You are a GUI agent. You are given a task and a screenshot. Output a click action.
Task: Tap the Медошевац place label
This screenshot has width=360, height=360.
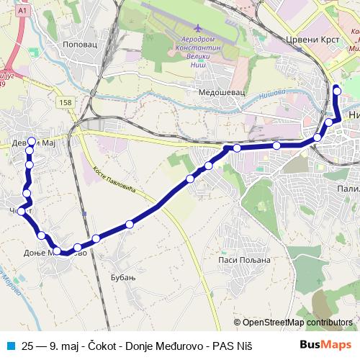point(222,92)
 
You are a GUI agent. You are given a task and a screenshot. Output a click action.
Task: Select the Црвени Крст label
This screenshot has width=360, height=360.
point(307,41)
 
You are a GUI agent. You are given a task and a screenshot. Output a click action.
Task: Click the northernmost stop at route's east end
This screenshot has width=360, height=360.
point(337,90)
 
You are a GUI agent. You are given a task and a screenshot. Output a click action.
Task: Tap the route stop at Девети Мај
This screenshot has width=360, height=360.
point(31,141)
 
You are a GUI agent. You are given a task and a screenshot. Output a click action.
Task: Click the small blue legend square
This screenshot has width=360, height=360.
point(10,346)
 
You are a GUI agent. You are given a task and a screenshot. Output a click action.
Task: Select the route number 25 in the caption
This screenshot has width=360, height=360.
point(28,346)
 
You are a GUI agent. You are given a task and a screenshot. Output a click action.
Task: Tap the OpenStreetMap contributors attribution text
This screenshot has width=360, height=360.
point(297,323)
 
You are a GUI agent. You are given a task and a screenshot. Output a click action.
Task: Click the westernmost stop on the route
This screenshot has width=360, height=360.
point(22,210)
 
